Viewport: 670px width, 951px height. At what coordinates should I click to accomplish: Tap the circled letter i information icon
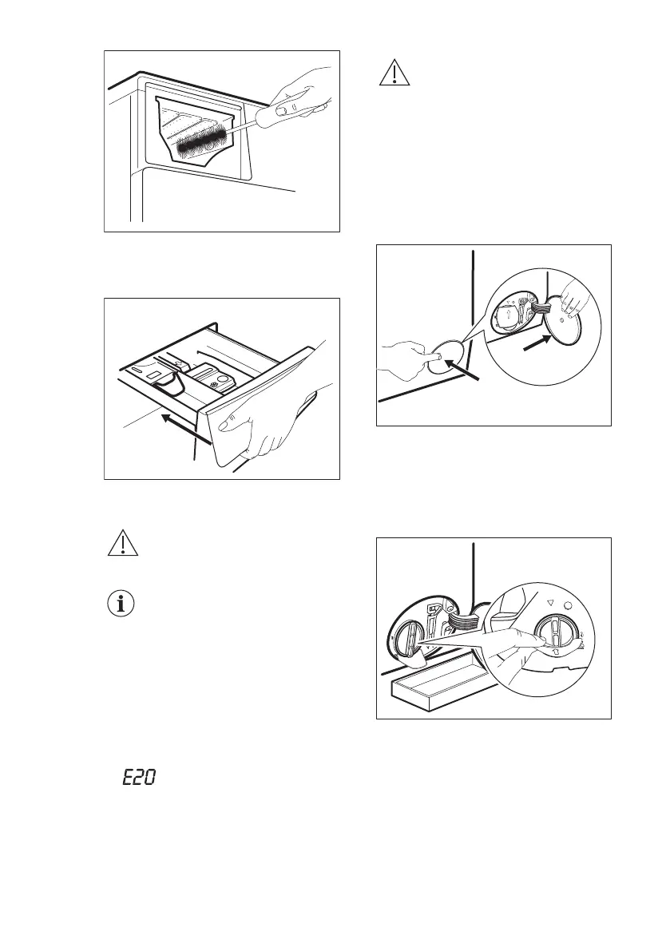(121, 604)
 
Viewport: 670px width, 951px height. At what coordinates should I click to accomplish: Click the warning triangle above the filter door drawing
(393, 73)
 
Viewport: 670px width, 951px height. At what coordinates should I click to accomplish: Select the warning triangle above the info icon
(121, 545)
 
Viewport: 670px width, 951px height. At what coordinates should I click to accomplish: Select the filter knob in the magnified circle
(556, 636)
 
